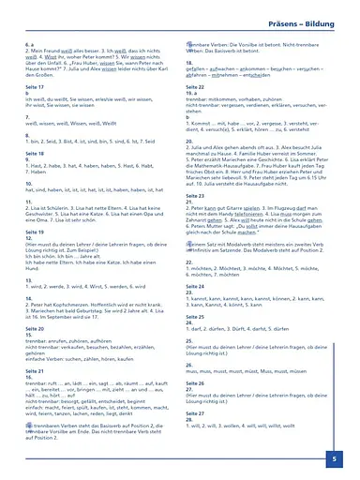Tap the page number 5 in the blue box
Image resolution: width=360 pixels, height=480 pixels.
point(335,459)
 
